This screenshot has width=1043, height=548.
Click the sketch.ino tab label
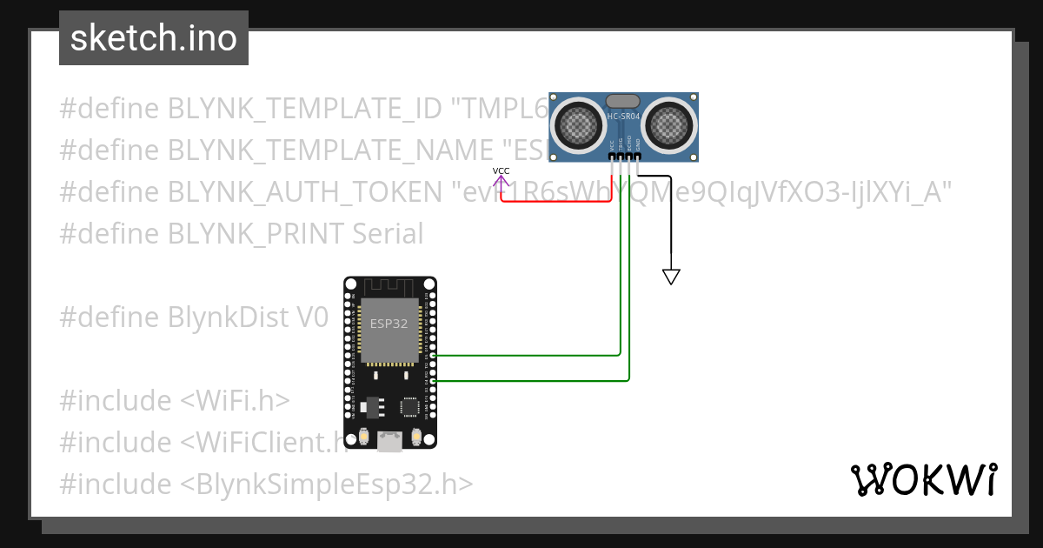coord(153,38)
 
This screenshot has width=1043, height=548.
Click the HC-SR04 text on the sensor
coord(624,116)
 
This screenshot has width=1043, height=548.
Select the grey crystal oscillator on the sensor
coord(623,101)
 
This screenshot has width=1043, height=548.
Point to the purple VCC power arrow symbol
coord(502,181)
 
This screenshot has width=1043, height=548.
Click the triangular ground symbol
coord(670,277)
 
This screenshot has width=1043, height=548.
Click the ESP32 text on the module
coord(389,323)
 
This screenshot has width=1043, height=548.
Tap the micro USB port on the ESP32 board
coord(389,443)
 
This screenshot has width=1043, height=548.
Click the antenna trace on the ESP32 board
coord(389,286)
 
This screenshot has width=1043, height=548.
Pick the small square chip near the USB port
coord(409,406)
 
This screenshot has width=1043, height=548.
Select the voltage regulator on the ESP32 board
coord(374,404)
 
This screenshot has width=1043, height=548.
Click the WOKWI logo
coord(923,479)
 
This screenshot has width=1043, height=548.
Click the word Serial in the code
coord(388,233)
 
